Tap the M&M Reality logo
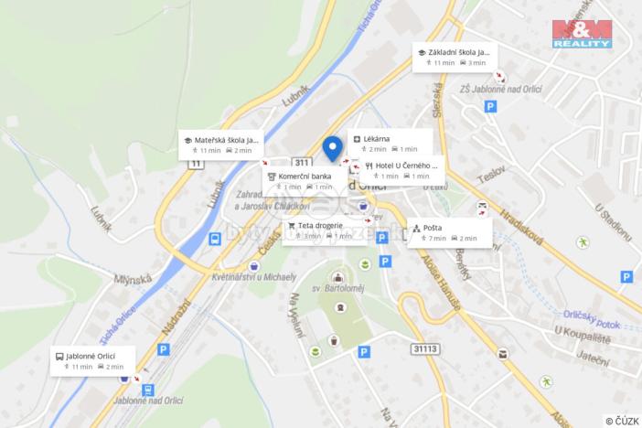pyautogui.click(x=581, y=32)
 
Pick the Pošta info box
pyautogui.click(x=449, y=232)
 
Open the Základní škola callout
pyautogui.click(x=454, y=57)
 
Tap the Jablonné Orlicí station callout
pyautogui.click(x=93, y=360)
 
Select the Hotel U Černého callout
pyautogui.click(x=401, y=170)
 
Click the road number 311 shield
pyautogui.click(x=300, y=162)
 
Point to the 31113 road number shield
pyautogui.click(x=426, y=348)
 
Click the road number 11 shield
pyautogui.click(x=195, y=164)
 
